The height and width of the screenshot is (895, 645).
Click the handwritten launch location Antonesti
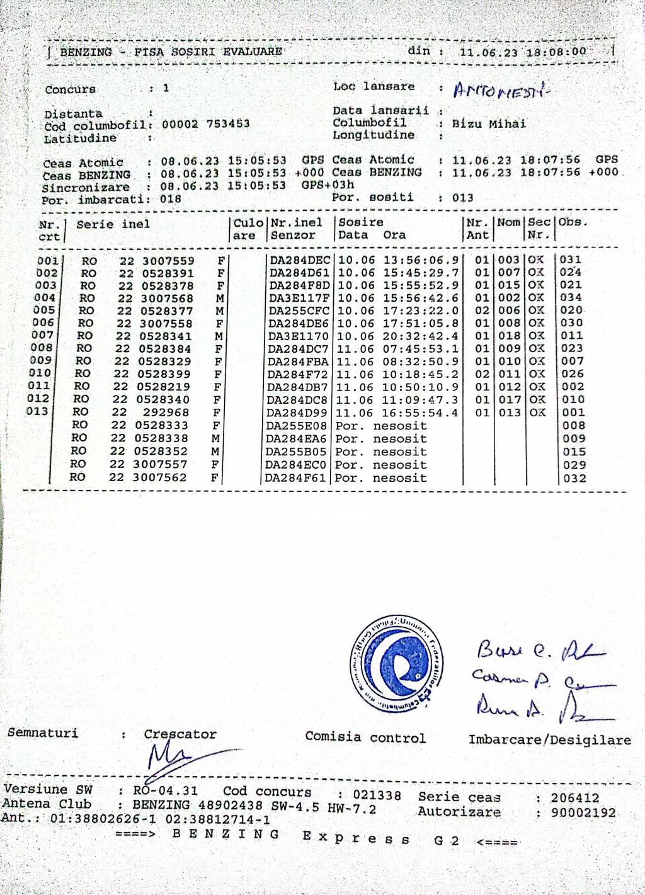pyautogui.click(x=501, y=91)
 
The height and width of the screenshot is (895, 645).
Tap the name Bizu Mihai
pyautogui.click(x=489, y=123)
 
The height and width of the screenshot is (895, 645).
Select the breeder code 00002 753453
pyautogui.click(x=206, y=124)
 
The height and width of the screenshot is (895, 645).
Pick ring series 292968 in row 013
pyautogui.click(x=166, y=413)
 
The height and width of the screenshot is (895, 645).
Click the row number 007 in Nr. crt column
pyautogui.click(x=43, y=335)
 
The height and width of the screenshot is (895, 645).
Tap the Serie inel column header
pyautogui.click(x=113, y=224)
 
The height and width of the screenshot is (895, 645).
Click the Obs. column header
pyautogui.click(x=573, y=222)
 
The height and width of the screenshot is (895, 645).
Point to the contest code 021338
pyautogui.click(x=377, y=795)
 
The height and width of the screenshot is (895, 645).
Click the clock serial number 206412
pyautogui.click(x=575, y=798)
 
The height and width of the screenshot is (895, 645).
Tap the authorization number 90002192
pyautogui.click(x=583, y=813)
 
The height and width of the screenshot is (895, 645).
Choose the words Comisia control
pyautogui.click(x=365, y=738)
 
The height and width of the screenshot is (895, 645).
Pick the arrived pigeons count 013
pyautogui.click(x=462, y=198)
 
